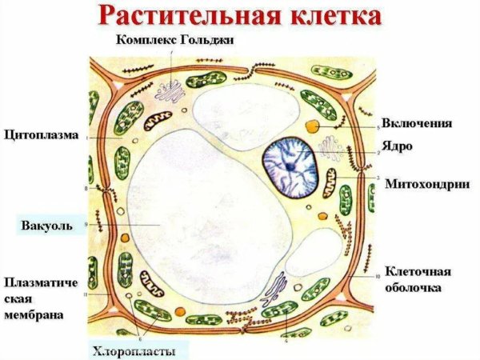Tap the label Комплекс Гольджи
(175, 40)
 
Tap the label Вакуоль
(47, 226)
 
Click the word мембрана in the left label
(34, 315)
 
